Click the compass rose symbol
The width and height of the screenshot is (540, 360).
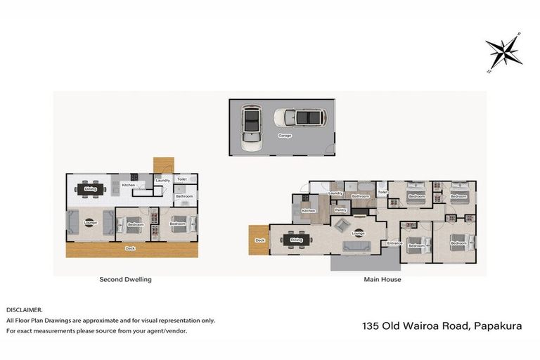click(x=503, y=51)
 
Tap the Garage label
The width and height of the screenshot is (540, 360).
click(x=285, y=136)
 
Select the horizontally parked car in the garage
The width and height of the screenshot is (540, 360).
click(x=299, y=117)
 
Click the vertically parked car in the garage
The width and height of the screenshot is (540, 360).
click(x=250, y=127)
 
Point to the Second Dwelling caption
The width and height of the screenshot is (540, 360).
click(x=126, y=279)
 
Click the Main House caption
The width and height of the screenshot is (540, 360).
click(x=383, y=279)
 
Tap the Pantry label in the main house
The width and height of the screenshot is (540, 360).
click(x=340, y=210)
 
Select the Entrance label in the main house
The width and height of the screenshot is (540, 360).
click(x=394, y=243)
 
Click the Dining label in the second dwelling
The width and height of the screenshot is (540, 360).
click(x=90, y=189)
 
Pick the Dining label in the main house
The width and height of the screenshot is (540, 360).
click(x=297, y=240)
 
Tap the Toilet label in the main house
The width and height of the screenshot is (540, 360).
click(x=382, y=192)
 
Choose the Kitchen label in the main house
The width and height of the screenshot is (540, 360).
click(x=308, y=210)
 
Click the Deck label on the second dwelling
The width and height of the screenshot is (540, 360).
click(x=130, y=248)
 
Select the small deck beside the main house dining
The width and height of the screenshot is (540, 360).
click(x=259, y=240)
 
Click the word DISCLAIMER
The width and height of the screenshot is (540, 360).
click(x=25, y=309)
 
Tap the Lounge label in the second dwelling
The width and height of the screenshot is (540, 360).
click(x=90, y=223)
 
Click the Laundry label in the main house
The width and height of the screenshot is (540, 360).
click(x=335, y=193)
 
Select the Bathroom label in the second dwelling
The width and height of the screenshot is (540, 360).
click(x=184, y=196)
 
